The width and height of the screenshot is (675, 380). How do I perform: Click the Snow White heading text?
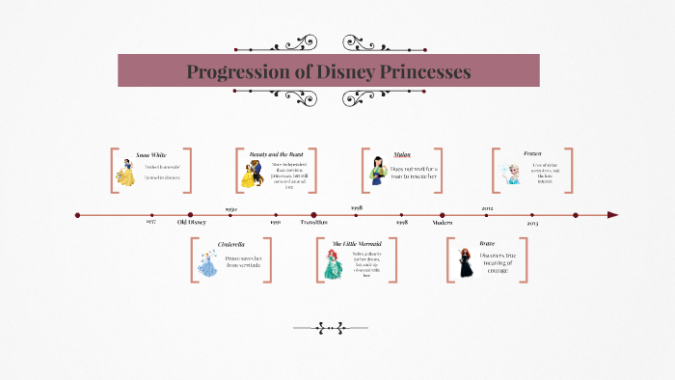pyautogui.click(x=151, y=154)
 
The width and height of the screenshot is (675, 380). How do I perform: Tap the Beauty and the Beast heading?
pyautogui.click(x=275, y=154)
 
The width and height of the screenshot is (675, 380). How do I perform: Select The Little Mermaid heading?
pyautogui.click(x=356, y=244)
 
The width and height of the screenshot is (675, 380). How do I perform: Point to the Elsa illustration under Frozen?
pyautogui.click(x=507, y=175)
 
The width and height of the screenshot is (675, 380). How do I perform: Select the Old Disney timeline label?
pyautogui.click(x=191, y=223)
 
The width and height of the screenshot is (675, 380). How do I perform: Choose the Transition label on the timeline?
pyautogui.click(x=313, y=223)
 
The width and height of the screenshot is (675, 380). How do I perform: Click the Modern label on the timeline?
pyautogui.click(x=443, y=223)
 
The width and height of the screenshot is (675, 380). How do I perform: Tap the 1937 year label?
pyautogui.click(x=151, y=223)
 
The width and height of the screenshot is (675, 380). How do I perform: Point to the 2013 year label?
pyautogui.click(x=532, y=223)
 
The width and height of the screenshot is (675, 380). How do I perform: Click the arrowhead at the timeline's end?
pyautogui.click(x=612, y=215)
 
